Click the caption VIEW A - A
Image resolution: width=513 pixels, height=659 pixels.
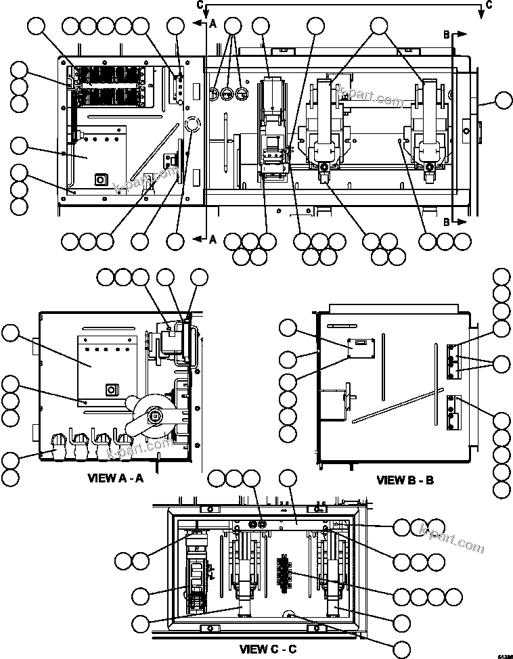coord(115,478)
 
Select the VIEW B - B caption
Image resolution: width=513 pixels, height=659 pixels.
coord(405,480)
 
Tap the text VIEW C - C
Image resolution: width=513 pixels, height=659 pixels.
coord(268,649)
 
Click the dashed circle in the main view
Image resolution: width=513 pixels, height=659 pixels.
coord(192,124)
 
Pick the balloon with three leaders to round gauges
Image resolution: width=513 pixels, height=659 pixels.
coord(233,26)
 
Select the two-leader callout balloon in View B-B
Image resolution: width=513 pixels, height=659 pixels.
coord(501,364)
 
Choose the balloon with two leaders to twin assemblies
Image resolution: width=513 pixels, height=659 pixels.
coord(379,26)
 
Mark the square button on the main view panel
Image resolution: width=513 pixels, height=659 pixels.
coord(100,179)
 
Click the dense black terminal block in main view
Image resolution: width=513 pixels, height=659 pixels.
coord(108,87)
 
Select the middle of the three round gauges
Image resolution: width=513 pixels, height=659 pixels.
coord(228,92)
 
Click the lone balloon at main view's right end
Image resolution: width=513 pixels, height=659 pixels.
coord(503,101)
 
